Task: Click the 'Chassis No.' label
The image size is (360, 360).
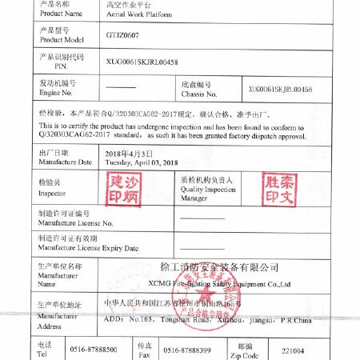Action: point(199,94)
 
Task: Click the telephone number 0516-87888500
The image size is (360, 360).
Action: point(94,350)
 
